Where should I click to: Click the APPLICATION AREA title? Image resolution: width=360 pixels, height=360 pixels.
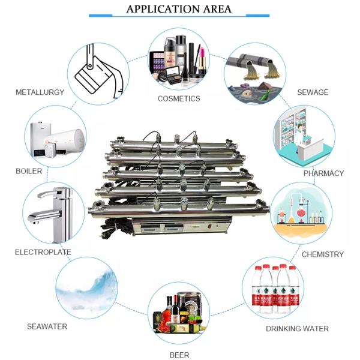tap(179, 9)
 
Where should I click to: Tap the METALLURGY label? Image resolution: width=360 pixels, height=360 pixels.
tap(40, 92)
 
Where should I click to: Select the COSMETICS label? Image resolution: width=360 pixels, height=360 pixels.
tap(179, 98)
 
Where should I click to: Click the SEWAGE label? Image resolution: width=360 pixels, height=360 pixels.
tap(313, 92)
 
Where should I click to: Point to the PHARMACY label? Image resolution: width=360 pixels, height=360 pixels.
tap(323, 173)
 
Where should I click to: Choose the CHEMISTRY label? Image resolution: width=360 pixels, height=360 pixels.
tap(322, 254)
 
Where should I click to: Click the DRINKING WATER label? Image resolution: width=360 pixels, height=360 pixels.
tap(297, 329)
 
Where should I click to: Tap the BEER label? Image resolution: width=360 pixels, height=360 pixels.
tap(179, 355)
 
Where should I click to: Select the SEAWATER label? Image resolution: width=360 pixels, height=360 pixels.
tap(47, 326)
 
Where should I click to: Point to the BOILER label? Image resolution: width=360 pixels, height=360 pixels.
tap(29, 171)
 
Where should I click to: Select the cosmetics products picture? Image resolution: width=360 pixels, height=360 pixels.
tap(179, 60)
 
